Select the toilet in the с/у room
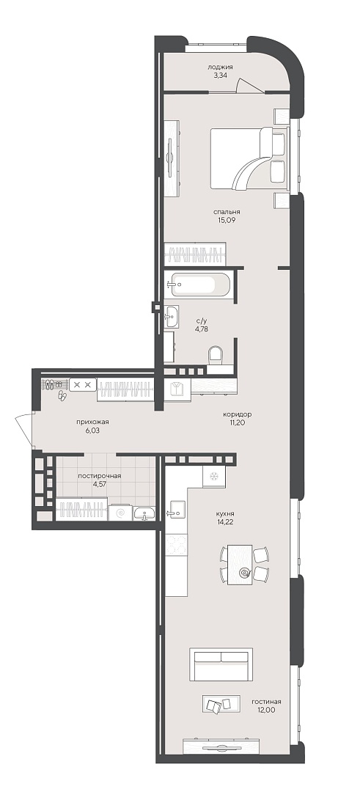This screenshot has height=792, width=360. pyautogui.click(x=216, y=354)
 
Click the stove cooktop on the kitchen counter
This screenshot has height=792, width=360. pyautogui.click(x=176, y=544)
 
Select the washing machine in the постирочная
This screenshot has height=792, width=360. pyautogui.click(x=121, y=513)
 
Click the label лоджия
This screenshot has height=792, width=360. pyautogui.click(x=220, y=67)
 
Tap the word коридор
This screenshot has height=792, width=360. pyautogui.click(x=237, y=414)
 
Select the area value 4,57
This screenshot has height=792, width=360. pyautogui.click(x=100, y=483)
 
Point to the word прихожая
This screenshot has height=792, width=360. pyautogui.click(x=93, y=422)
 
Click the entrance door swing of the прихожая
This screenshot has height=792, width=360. pyautogui.click(x=23, y=429)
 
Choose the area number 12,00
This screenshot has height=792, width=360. pyautogui.click(x=266, y=710)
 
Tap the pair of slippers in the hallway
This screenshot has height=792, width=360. pyautogui.click(x=62, y=395)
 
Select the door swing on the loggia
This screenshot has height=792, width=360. pyautogui.click(x=250, y=85)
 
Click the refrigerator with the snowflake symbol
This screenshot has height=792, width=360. pyautogui.click(x=213, y=477)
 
